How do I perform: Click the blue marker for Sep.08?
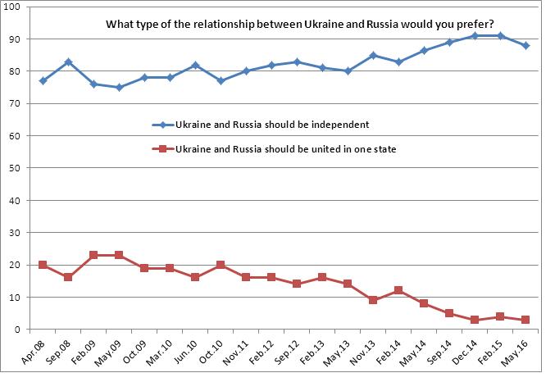tap(68, 61)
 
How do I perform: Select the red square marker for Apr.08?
tap(43, 265)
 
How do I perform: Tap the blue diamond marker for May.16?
tap(525, 46)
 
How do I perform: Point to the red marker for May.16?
tap(525, 320)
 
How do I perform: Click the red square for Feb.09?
tap(93, 255)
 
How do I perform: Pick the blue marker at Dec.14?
tap(475, 36)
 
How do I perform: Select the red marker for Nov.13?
tap(373, 300)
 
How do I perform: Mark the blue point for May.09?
tap(119, 88)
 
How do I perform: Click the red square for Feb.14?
tap(398, 290)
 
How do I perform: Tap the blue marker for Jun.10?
tap(195, 65)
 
